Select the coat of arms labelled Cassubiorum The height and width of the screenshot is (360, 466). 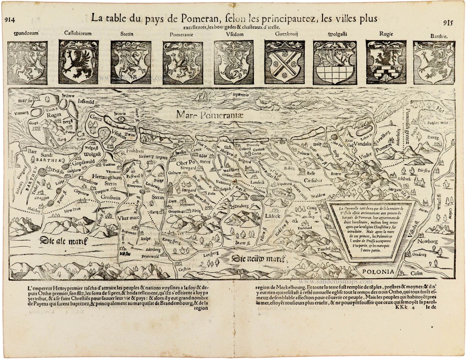coord(79,62)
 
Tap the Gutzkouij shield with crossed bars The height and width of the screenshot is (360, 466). coord(284,62)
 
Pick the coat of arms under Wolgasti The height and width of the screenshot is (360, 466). coord(335,62)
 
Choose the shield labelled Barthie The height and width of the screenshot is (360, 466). coord(434,62)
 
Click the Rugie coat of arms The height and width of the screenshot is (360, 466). coord(386,62)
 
